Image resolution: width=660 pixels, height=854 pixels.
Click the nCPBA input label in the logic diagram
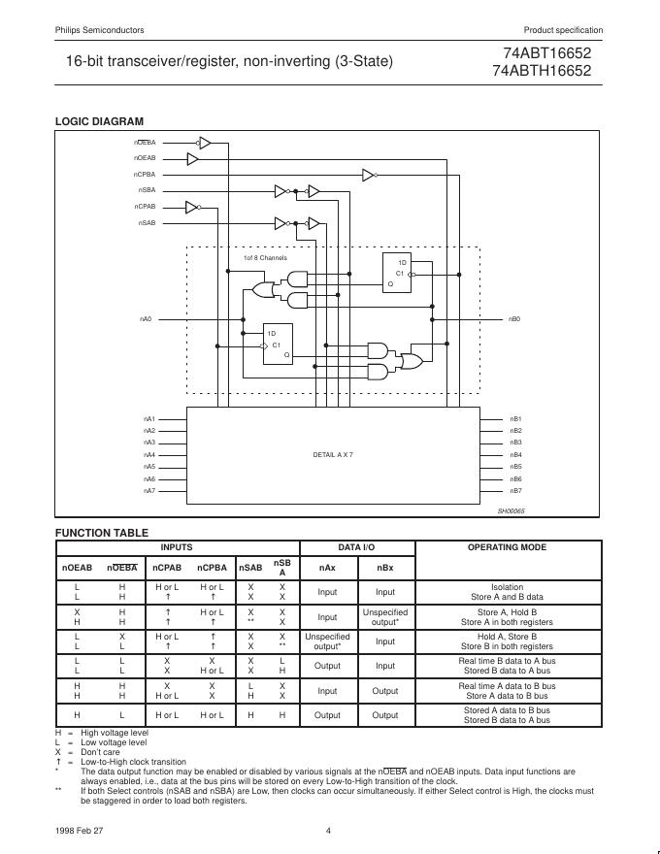click(x=145, y=174)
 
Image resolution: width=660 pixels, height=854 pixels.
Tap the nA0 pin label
click(x=146, y=318)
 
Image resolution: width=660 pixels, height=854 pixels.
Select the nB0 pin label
click(x=515, y=318)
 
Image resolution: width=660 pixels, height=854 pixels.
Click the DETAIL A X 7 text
click(x=333, y=454)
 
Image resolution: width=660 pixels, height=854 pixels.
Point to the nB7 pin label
click(x=516, y=491)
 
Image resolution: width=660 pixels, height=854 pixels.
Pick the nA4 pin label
click(x=149, y=454)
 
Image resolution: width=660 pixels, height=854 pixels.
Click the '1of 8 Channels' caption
click(x=265, y=258)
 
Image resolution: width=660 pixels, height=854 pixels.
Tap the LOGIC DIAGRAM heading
click(x=99, y=121)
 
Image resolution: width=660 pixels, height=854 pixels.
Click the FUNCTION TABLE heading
click(x=102, y=533)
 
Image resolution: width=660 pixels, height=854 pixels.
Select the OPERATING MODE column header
click(x=507, y=547)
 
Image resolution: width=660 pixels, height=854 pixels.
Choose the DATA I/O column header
click(x=356, y=547)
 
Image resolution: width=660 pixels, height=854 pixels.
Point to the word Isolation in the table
click(x=507, y=587)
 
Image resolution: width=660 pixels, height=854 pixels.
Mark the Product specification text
click(x=563, y=30)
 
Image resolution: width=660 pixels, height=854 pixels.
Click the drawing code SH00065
click(x=511, y=510)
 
